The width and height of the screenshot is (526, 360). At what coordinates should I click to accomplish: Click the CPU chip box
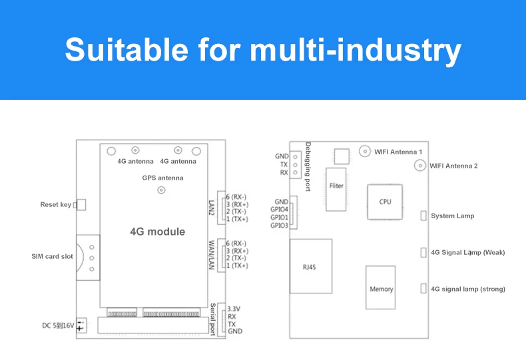tap(385, 201)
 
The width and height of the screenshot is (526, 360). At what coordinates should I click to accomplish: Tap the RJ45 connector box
tap(310, 266)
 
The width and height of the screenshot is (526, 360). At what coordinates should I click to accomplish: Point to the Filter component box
tap(336, 186)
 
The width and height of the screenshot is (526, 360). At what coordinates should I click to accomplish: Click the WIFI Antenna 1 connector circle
tap(365, 152)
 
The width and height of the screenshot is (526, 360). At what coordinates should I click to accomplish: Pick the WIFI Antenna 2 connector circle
tap(420, 165)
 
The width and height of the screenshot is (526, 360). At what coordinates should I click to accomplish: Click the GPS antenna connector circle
tap(161, 191)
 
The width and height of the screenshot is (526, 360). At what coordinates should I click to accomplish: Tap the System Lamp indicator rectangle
tap(423, 216)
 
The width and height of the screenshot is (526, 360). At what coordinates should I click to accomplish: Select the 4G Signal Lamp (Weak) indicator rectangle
tap(423, 252)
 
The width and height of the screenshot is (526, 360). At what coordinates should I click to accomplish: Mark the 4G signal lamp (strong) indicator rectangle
tap(423, 289)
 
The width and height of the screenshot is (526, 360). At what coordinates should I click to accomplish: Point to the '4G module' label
tap(157, 232)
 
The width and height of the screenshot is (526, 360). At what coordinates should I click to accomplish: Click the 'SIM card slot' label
tap(53, 256)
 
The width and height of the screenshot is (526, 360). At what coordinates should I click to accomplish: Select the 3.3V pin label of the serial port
tap(234, 309)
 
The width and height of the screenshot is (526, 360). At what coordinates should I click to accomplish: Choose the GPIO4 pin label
tap(279, 210)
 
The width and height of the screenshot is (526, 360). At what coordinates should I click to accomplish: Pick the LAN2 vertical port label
tap(212, 207)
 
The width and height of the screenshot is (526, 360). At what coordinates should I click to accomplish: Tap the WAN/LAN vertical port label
tap(212, 254)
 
